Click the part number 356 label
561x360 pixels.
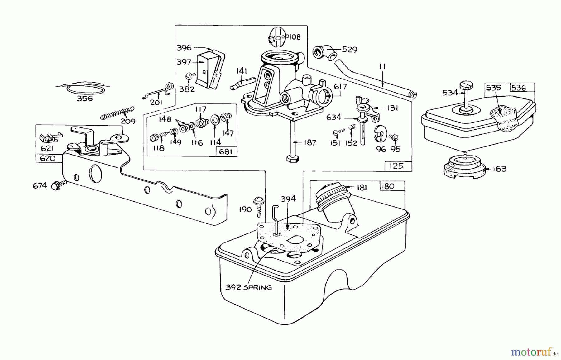pos(85,98)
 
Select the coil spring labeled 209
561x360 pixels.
pos(117,113)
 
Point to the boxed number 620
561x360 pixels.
pos(48,158)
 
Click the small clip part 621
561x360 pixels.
pos(50,137)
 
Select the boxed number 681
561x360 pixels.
pos(226,152)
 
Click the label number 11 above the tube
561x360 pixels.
pos(382,66)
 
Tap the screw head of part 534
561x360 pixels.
pos(466,85)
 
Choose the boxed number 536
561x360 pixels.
pos(519,88)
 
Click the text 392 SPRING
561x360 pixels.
pos(248,287)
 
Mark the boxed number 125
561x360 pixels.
pos(396,166)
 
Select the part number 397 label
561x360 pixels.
pos(184,62)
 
